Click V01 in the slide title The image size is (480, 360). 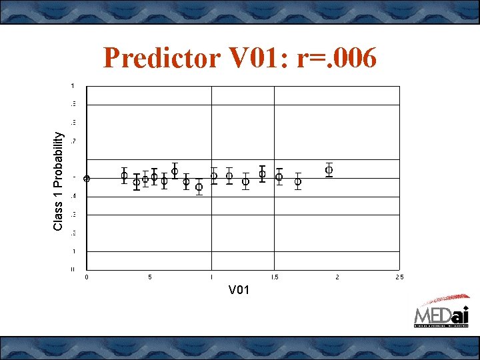click(x=256, y=59)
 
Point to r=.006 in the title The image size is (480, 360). click(x=337, y=59)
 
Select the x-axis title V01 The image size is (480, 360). click(x=239, y=290)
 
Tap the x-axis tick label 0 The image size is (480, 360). click(x=86, y=277)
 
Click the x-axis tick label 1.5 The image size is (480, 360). click(x=273, y=277)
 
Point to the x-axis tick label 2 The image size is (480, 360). click(x=337, y=277)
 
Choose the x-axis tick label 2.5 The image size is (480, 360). click(x=399, y=277)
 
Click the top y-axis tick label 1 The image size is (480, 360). click(x=73, y=85)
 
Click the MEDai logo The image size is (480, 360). click(x=441, y=313)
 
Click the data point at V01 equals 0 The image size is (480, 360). click(x=87, y=178)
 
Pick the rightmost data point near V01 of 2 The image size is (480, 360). click(x=329, y=170)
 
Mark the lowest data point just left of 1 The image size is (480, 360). click(x=199, y=187)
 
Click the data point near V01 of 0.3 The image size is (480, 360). click(x=124, y=175)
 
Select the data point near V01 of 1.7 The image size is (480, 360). click(x=298, y=181)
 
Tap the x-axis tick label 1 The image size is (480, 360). click(x=211, y=277)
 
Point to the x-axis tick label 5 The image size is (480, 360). click(x=149, y=277)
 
